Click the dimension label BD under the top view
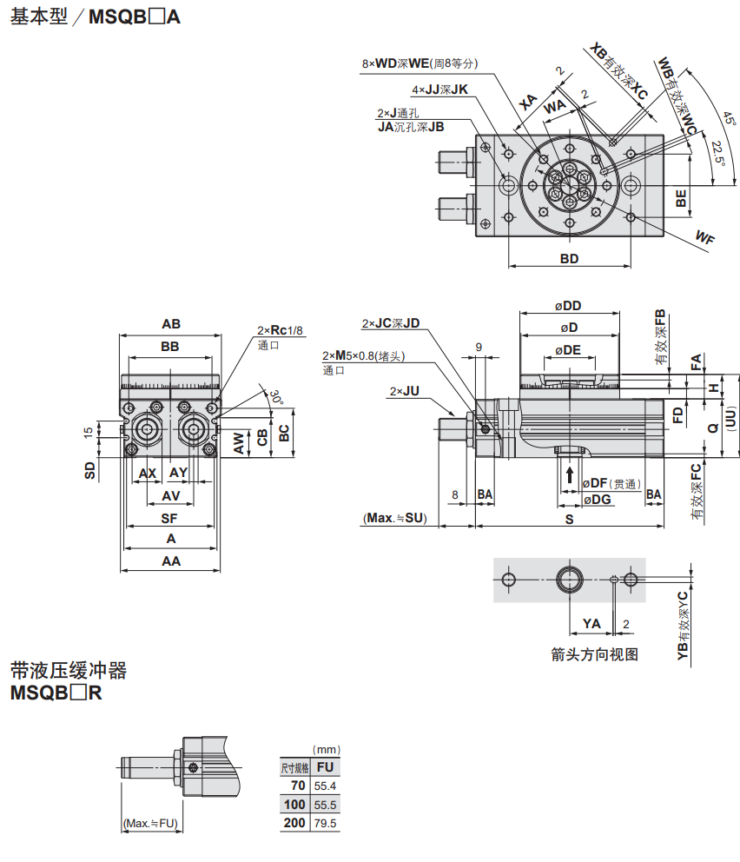click(x=569, y=259)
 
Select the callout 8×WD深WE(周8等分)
click(x=420, y=63)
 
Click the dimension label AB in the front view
click(x=171, y=324)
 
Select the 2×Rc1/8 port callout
click(x=280, y=330)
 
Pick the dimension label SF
click(x=170, y=518)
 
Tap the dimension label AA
click(x=170, y=561)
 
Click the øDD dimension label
click(x=569, y=305)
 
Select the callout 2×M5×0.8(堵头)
click(x=364, y=356)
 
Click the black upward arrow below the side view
click(x=569, y=474)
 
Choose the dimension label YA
click(x=591, y=623)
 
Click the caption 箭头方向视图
click(x=595, y=655)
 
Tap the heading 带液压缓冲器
click(x=69, y=671)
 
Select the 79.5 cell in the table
click(x=326, y=823)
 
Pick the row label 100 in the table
click(x=295, y=805)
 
